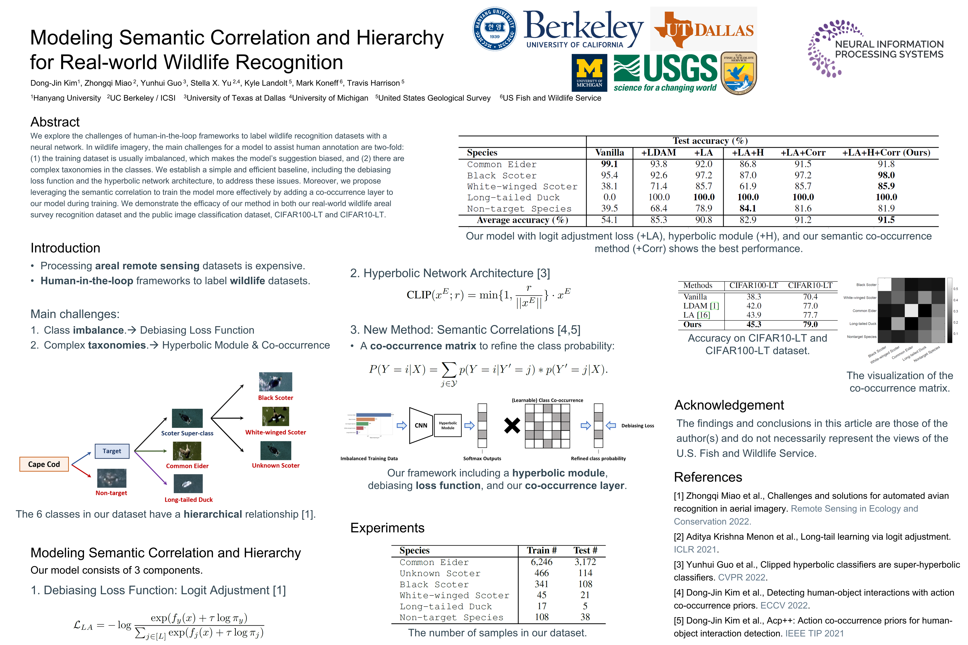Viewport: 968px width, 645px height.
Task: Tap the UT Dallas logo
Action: tap(704, 29)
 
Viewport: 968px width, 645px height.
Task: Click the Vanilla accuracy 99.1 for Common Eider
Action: tap(609, 164)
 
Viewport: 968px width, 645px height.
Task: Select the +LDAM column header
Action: tap(658, 153)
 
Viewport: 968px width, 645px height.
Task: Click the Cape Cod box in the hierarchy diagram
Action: tap(44, 464)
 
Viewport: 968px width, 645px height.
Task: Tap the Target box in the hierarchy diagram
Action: tap(112, 451)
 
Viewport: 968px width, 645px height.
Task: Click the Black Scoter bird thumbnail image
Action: tap(275, 382)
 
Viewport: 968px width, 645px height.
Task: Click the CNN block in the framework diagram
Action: tap(421, 425)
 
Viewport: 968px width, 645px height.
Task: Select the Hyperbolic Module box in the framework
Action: tap(448, 425)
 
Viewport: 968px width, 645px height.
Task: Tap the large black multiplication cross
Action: tap(512, 425)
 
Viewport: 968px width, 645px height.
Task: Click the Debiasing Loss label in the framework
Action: tap(637, 426)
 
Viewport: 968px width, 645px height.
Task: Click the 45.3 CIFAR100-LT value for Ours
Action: tap(754, 324)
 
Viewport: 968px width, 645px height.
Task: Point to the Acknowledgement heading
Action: tap(729, 405)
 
